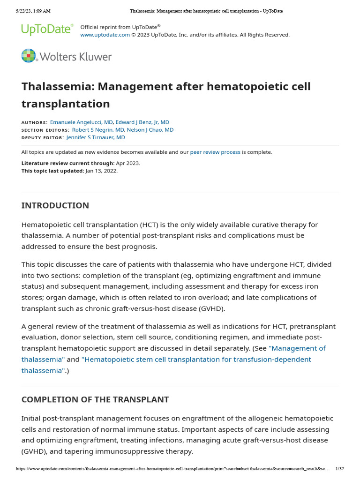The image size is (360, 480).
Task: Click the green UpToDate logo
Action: tap(47, 30)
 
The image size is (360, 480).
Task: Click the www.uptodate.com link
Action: tap(105, 35)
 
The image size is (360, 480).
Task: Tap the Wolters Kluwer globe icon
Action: tap(29, 56)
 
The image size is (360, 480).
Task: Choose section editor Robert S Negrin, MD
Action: tap(98, 130)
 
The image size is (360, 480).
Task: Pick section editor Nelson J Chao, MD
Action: tap(150, 130)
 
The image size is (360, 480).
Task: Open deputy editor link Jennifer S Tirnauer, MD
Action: tap(96, 137)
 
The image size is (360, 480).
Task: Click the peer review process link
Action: tap(215, 152)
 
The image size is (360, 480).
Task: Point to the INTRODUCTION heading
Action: tap(55, 205)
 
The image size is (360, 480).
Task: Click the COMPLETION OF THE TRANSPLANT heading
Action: tap(95, 399)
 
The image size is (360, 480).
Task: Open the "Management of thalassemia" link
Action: tap(297, 348)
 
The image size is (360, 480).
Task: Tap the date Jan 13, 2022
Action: tap(101, 171)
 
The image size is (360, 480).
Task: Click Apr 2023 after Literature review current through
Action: tap(127, 163)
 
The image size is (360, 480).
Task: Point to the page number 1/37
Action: tap(340, 469)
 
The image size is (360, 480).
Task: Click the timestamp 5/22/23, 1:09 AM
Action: tap(33, 11)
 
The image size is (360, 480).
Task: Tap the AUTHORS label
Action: tap(34, 122)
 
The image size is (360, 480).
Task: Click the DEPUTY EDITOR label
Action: tap(43, 138)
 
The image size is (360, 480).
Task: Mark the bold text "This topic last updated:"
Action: tap(52, 171)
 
